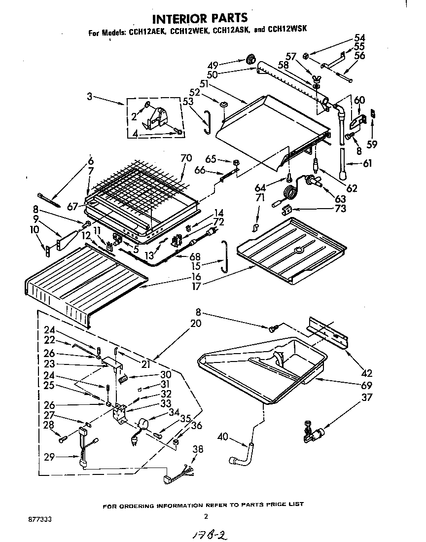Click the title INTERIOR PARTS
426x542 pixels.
point(199,19)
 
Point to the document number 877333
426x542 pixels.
point(40,519)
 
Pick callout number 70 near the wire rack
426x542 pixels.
point(186,158)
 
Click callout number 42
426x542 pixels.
point(367,373)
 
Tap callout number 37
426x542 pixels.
point(367,397)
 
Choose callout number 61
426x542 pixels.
point(367,164)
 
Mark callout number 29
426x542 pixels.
point(48,458)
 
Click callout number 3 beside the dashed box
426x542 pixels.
point(89,98)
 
